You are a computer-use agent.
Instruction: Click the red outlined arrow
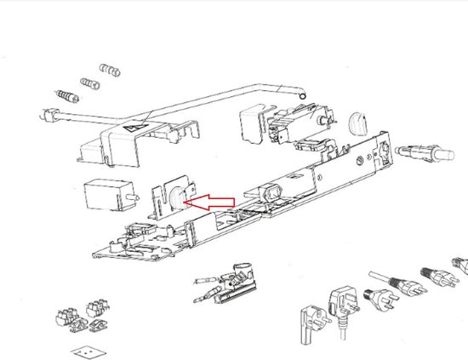[213, 202]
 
